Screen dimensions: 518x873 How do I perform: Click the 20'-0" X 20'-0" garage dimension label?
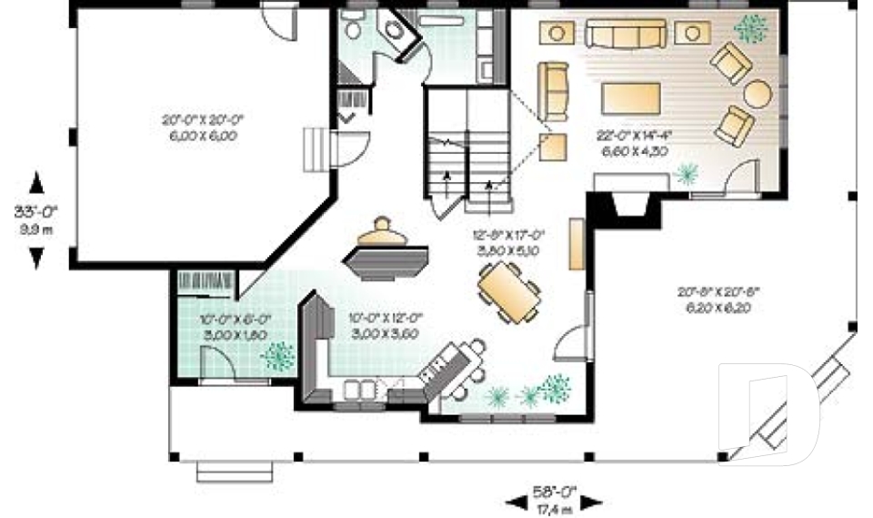pyautogui.click(x=199, y=127)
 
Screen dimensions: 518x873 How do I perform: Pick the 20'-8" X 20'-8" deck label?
pyautogui.click(x=717, y=300)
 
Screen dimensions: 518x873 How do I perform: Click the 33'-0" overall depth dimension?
pyautogui.click(x=36, y=218)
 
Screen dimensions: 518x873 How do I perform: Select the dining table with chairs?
pyautogui.click(x=508, y=291)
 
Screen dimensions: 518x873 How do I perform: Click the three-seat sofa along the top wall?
pyautogui.click(x=624, y=34)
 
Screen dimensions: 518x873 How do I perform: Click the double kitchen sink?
pyautogui.click(x=359, y=390)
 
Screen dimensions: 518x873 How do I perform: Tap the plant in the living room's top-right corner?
pyautogui.click(x=750, y=29)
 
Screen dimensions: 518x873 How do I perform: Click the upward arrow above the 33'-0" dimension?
pyautogui.click(x=36, y=183)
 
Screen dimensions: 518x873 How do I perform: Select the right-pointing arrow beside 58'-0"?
pyautogui.click(x=591, y=501)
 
